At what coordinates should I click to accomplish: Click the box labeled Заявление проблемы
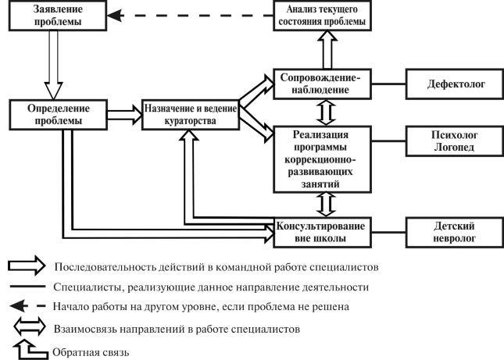click(x=57, y=16)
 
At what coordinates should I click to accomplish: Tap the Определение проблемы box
click(x=57, y=114)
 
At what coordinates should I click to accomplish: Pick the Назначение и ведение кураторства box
click(x=190, y=114)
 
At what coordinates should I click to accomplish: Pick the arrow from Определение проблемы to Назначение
click(x=124, y=114)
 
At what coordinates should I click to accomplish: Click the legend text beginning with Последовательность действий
click(x=216, y=266)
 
